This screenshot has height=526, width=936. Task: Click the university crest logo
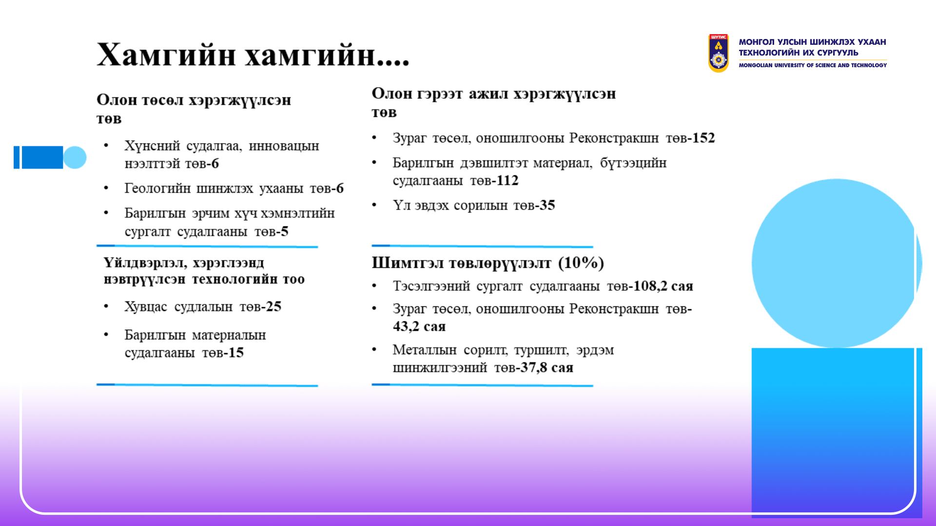point(718,53)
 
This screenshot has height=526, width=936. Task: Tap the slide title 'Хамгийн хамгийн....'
point(253,55)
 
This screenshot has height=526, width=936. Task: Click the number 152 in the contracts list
point(703,138)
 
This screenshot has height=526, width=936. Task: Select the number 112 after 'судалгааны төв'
point(507,181)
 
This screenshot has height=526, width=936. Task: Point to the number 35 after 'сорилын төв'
point(547,205)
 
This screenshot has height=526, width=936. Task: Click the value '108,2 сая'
point(663,286)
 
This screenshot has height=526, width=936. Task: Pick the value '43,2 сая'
point(419,326)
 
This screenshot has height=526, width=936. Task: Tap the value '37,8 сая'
point(546,367)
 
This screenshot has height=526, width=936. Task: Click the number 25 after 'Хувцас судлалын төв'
point(273,306)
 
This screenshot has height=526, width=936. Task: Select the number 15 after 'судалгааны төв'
point(236,353)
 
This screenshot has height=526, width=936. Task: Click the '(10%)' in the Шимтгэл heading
point(581,263)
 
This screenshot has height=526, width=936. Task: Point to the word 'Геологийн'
point(157,188)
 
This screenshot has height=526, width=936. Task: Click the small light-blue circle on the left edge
point(75,157)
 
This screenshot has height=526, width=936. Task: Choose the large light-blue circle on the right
point(836,263)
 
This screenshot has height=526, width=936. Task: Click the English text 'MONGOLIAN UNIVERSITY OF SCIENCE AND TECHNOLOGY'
point(813,65)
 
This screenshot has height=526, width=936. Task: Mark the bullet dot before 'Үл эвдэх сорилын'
point(374,205)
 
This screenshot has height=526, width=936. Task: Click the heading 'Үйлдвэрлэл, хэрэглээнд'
point(184,263)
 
